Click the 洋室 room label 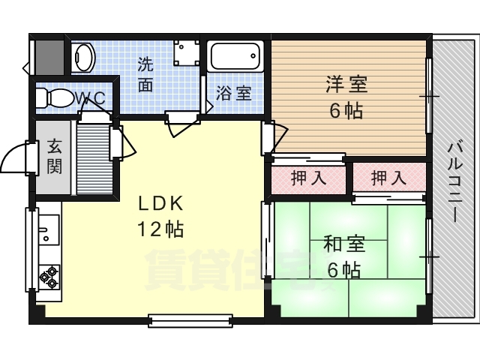346,83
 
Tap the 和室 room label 344,244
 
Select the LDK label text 160,204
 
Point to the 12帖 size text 160,229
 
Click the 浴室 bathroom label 233,94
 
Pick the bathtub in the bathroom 235,57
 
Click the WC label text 93,98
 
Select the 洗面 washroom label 145,74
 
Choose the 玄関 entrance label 54,157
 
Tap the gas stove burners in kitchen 50,276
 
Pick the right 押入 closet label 388,178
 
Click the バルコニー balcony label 454,180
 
